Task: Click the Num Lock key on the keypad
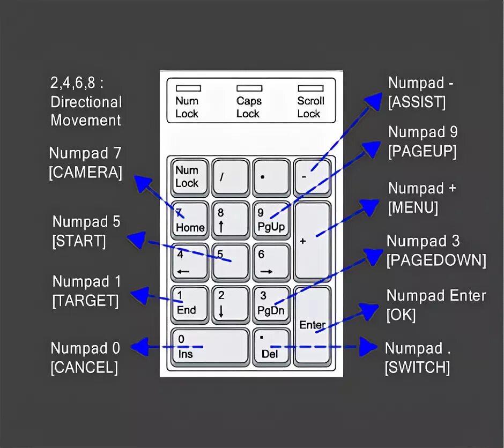click(x=190, y=176)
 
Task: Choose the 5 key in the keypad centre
click(x=231, y=262)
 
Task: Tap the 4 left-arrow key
click(x=190, y=262)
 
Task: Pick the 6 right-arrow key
click(x=271, y=262)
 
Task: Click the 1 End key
click(x=190, y=303)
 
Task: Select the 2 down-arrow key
click(x=231, y=303)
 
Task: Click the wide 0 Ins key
click(x=210, y=347)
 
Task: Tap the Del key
click(x=271, y=347)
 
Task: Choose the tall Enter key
click(x=313, y=325)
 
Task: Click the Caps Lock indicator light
click(x=249, y=88)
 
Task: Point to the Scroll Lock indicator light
click(x=310, y=88)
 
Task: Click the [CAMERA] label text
click(x=85, y=173)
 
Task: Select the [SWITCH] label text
click(x=417, y=368)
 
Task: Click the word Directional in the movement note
click(x=86, y=102)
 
